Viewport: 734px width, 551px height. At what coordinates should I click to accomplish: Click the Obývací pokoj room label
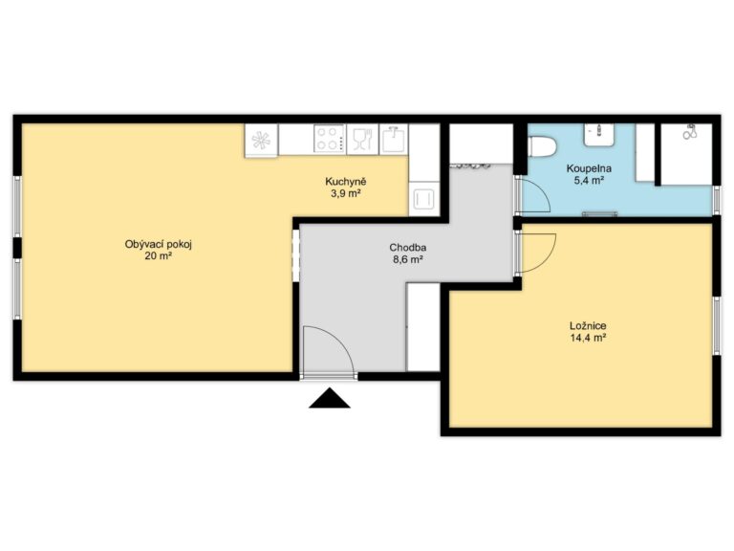159,244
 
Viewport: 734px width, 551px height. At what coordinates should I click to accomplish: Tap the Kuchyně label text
345,182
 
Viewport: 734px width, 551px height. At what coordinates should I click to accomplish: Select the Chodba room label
408,248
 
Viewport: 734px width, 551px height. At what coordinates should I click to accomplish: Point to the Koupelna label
589,168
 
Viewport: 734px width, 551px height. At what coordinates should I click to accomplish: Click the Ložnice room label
588,325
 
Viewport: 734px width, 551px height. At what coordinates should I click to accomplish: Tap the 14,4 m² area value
589,338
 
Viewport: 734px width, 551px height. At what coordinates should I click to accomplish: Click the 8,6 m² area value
408,259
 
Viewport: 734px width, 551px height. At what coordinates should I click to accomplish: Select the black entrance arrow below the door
330,398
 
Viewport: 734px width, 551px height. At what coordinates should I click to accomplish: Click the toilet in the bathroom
542,146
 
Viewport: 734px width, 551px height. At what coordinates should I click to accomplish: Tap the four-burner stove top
330,139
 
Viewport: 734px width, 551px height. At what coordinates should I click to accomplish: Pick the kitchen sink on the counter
394,139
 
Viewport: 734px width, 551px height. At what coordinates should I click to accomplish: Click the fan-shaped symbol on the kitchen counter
261,140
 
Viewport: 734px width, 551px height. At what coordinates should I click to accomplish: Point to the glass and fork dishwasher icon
362,139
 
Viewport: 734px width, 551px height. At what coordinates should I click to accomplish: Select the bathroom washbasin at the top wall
598,135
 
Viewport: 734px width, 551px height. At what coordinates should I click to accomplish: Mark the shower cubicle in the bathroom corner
686,154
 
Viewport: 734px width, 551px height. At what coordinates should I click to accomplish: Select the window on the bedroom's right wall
716,325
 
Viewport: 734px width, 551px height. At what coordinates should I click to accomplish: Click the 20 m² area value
159,256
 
